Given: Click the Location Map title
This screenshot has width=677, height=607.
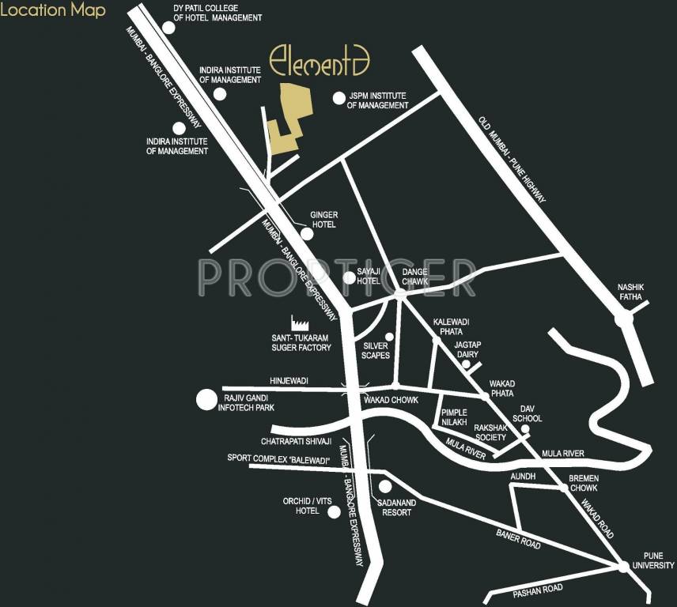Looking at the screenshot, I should [53, 12].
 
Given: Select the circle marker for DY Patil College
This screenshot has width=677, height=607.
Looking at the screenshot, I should [168, 26].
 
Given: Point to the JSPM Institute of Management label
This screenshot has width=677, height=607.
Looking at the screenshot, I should [377, 100].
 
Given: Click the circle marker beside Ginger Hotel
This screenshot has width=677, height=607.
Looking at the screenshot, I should [308, 234].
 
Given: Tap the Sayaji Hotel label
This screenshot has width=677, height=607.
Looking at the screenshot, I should [369, 276].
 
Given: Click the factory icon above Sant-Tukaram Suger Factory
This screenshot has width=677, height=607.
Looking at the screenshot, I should [300, 322].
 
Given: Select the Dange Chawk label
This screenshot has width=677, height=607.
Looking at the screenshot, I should [415, 277].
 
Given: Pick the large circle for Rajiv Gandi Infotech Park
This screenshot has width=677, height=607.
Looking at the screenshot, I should [206, 400].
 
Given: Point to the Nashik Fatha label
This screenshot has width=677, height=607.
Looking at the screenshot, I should [632, 292].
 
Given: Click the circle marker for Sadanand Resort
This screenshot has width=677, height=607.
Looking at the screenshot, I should [385, 487].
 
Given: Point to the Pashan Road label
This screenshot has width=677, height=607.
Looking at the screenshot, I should [537, 588].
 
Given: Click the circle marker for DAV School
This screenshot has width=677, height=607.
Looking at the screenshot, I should [524, 429].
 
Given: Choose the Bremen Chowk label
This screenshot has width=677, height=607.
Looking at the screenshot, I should [584, 484].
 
